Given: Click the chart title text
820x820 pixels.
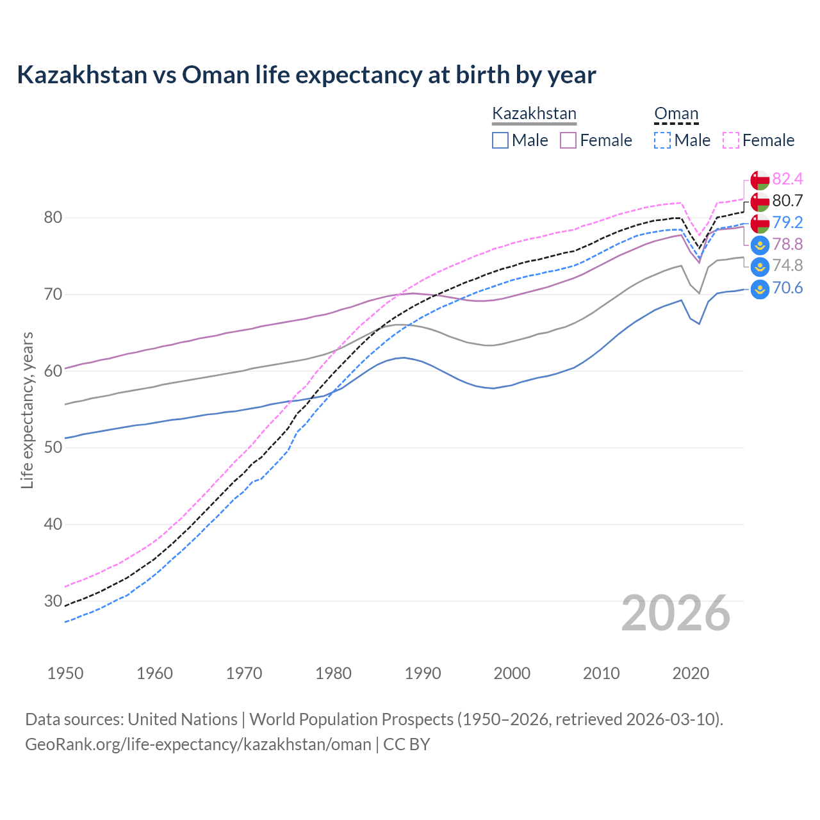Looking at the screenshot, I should point(306,75).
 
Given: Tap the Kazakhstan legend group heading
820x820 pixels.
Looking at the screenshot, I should point(534,114).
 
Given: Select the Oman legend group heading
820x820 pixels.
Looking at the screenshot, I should point(676,114).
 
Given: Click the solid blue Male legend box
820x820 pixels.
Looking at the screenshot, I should point(500,140).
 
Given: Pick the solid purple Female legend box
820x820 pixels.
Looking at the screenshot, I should point(568,140).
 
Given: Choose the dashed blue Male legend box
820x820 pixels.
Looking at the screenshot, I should point(662,140).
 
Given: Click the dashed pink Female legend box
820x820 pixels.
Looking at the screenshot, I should point(731,140).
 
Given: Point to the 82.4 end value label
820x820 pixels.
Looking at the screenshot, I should point(787,179).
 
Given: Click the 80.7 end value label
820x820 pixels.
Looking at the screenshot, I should point(787,201).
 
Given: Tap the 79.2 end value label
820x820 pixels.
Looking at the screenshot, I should point(787,222).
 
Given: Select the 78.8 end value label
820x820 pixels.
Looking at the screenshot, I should point(787,244).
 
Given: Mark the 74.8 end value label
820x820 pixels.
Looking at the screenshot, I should point(787,265).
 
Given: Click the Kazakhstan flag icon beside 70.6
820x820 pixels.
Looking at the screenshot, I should point(760,288).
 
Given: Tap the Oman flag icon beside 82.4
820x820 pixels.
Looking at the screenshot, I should point(760,180).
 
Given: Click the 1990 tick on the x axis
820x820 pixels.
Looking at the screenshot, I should point(423,673).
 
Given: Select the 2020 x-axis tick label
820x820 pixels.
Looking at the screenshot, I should point(691,673).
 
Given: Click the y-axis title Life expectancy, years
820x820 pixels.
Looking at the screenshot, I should point(28,410).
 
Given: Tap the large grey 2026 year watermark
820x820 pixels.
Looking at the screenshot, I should point(676,613).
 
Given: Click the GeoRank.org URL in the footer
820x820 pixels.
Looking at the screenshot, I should point(198,744).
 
